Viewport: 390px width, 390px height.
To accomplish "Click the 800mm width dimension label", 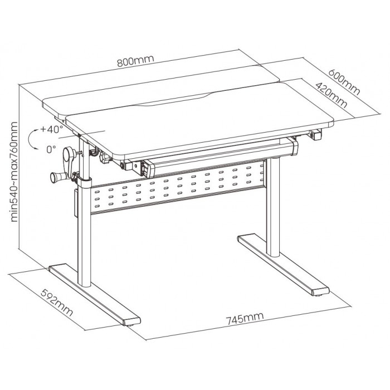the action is tap(135, 61).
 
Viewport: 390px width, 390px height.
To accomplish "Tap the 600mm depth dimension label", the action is tap(344, 82).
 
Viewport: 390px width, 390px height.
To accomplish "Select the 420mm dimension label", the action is tap(331, 95).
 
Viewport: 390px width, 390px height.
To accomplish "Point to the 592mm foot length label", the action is tap(57, 302).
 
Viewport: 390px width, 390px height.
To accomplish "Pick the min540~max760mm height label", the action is tap(14, 172).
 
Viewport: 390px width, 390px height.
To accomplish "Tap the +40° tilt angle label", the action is tap(52, 130).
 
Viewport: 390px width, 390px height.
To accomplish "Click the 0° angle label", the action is tap(51, 149).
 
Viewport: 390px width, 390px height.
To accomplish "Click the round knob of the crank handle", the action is tap(56, 177).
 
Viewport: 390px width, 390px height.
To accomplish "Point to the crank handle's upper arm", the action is tap(68, 159).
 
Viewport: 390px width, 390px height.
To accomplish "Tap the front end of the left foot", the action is tap(131, 321).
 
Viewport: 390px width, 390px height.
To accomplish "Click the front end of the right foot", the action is tap(320, 291).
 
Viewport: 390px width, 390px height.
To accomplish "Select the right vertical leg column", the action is tap(273, 207).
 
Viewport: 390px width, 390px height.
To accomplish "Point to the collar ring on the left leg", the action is tap(84, 183).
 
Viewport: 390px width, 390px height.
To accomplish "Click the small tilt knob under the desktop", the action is tap(105, 158).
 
